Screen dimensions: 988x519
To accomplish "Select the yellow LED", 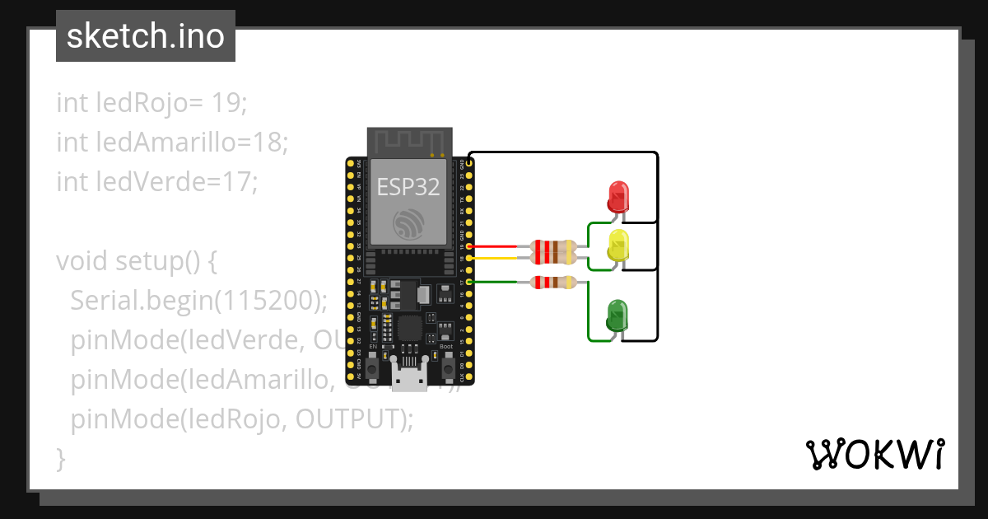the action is click(618, 246).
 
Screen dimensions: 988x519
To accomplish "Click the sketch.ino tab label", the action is click(146, 36).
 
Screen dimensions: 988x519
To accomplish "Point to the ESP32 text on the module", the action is click(408, 187).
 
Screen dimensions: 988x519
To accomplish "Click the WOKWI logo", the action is click(874, 454).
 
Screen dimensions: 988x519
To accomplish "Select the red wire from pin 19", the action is click(494, 246).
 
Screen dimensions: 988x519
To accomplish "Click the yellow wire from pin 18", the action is click(494, 258).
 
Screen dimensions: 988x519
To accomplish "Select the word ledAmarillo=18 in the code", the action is click(172, 143).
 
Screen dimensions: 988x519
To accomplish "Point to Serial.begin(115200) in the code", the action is click(198, 301).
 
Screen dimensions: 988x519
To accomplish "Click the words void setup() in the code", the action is click(136, 261).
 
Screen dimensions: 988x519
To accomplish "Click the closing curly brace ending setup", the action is click(61, 457).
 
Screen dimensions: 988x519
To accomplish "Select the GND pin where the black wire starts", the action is click(469, 164).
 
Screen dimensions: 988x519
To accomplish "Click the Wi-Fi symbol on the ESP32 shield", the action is click(408, 224).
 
